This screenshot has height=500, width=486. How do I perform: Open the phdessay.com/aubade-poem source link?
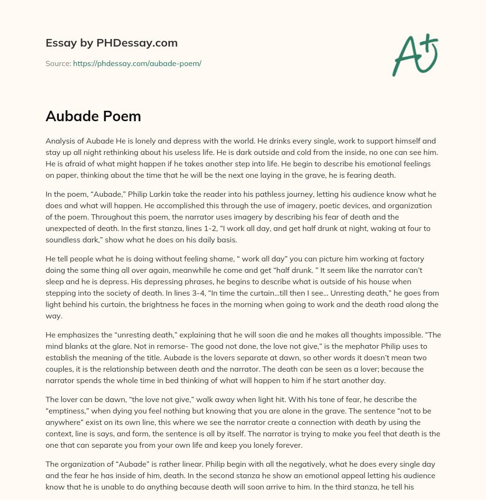(x=137, y=63)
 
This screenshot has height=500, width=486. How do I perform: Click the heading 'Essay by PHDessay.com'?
(x=112, y=43)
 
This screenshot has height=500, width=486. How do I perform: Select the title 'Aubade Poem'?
(x=93, y=116)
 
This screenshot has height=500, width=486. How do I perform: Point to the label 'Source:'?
(x=58, y=63)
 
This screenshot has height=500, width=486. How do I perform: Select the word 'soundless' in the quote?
(x=65, y=240)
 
